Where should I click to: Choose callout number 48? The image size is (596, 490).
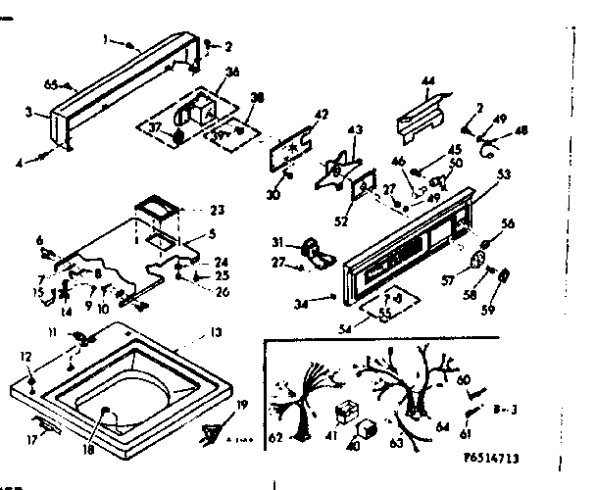pyautogui.click(x=521, y=130)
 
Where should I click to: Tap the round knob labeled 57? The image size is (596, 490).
pyautogui.click(x=479, y=260)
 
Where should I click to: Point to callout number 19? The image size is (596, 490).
pyautogui.click(x=242, y=403)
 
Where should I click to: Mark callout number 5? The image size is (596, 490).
pyautogui.click(x=212, y=233)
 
